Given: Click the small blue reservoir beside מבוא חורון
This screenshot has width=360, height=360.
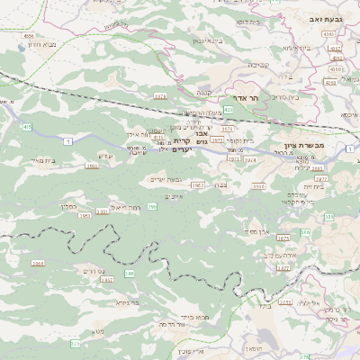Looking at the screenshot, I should click(20, 40).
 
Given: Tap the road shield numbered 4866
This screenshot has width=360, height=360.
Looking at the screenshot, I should click(30, 36).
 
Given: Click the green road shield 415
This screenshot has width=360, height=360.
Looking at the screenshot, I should click(27, 128).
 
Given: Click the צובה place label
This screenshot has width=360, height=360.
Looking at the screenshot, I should click(234, 184).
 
